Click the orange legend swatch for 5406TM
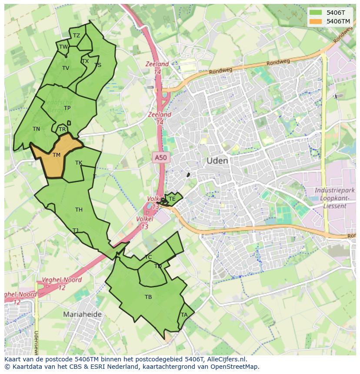(316, 21)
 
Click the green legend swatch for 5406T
(316, 13)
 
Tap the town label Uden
(217, 161)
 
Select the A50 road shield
(160, 158)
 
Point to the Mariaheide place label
(82, 314)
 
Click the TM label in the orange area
(57, 155)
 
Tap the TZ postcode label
(77, 36)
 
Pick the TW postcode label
(63, 47)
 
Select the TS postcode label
(98, 65)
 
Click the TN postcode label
(36, 129)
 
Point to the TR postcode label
(62, 129)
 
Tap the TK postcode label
(79, 163)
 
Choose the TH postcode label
(79, 210)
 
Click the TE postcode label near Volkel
(172, 199)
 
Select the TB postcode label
(148, 297)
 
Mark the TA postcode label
(184, 315)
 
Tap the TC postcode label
(148, 257)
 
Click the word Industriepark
(334, 191)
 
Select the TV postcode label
(66, 68)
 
